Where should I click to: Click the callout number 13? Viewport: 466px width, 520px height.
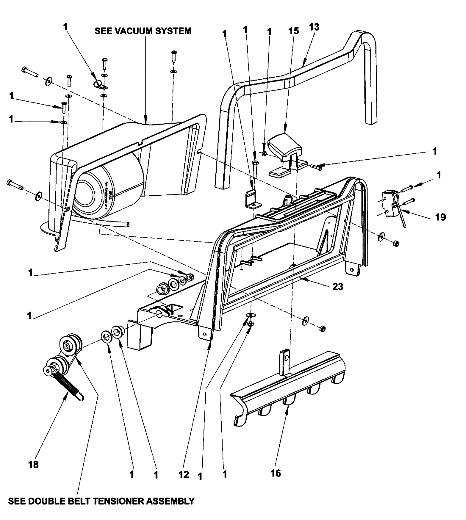pos(314,27)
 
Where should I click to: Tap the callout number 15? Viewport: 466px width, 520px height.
pos(294,31)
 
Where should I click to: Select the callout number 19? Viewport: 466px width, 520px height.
pos(440,217)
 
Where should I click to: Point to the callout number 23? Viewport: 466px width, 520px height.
pos(338,287)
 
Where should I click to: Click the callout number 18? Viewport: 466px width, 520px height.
pos(33,464)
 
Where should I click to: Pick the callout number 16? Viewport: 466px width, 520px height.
pos(276,473)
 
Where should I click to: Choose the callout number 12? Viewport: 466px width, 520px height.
pos(184,475)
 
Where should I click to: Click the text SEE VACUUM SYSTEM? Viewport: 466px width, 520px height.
pos(143,31)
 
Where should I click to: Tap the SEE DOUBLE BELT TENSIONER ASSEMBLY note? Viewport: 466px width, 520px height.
pos(101,501)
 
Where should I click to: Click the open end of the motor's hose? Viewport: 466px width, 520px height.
pos(127,224)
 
